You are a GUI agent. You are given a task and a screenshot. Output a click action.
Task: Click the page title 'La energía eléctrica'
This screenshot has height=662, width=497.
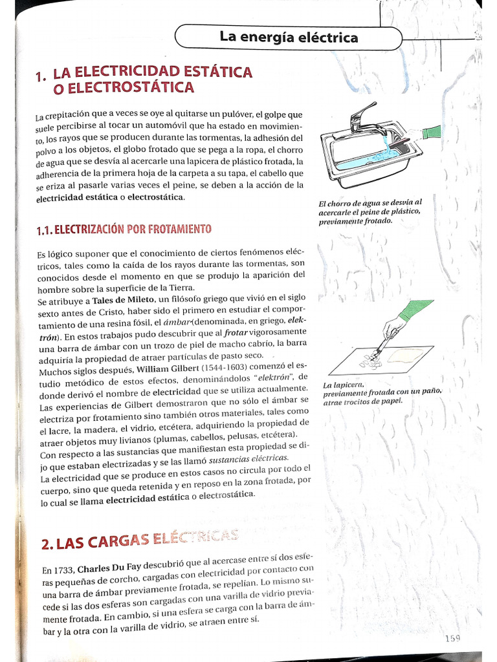pyautogui.click(x=288, y=37)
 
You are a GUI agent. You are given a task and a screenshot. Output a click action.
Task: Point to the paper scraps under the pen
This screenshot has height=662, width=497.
pyautogui.click(x=370, y=361)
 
